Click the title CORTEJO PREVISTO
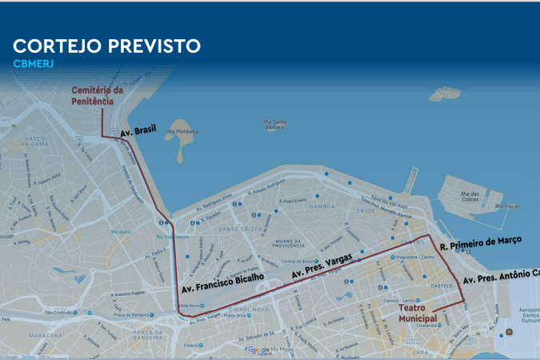[106, 46]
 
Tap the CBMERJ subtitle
[33, 64]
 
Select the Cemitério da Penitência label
[98, 96]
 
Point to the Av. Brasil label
[138, 134]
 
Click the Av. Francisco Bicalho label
[222, 283]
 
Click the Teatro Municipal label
[413, 313]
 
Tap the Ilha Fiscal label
[506, 206]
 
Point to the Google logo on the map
[258, 350]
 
